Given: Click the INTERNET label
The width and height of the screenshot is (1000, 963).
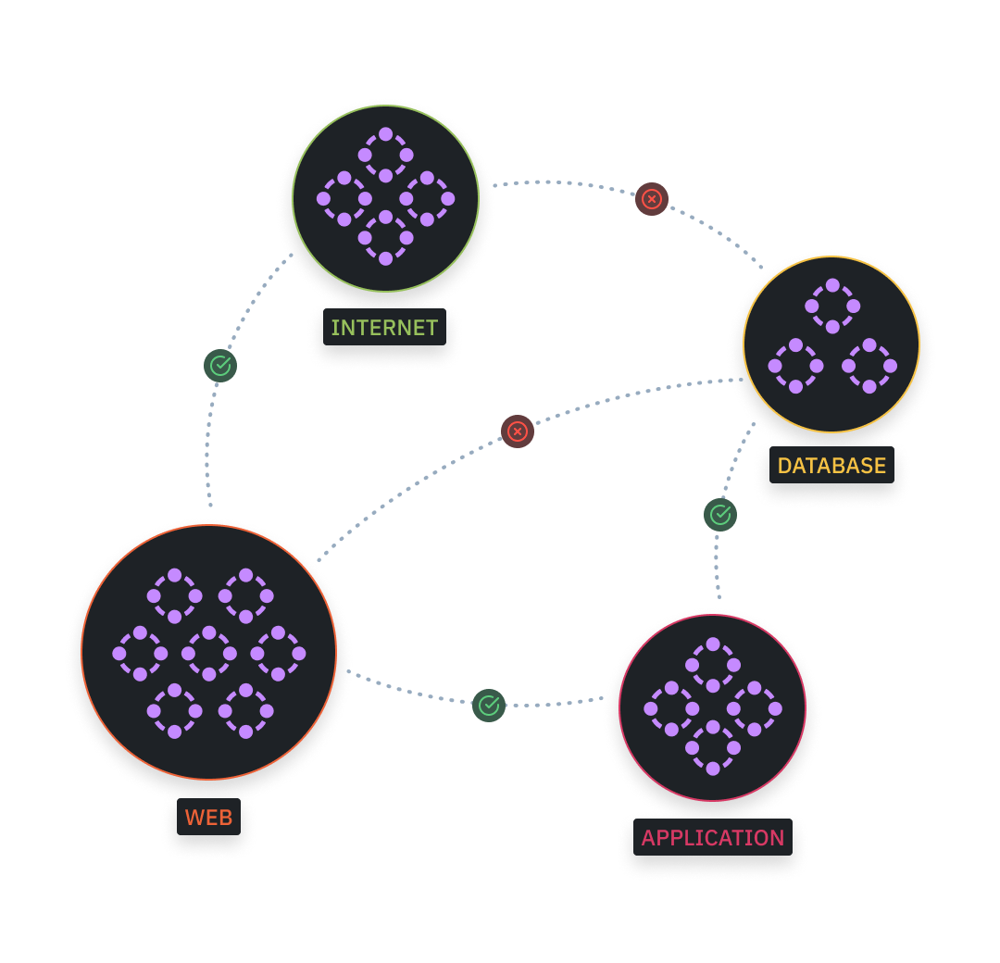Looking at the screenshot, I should click(384, 328).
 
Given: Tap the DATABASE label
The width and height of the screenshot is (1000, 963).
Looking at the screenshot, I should click(831, 466).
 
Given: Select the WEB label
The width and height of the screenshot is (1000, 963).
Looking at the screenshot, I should click(208, 818).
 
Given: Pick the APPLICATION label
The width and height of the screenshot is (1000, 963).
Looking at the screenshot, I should click(713, 838).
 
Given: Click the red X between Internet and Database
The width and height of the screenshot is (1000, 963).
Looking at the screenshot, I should click(652, 198).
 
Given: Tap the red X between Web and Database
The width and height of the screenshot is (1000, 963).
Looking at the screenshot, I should click(518, 431).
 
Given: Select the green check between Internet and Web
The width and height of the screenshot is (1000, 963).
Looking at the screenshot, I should click(220, 366).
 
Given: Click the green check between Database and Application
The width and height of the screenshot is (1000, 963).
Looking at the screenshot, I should click(720, 514).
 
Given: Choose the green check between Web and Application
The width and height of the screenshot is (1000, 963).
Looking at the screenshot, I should click(489, 706).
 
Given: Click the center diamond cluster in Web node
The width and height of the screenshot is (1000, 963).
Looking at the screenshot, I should click(209, 653).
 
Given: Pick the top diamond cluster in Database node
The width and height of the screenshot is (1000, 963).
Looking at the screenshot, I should click(832, 306).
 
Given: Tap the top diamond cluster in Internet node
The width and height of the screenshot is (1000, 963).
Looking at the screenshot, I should click(386, 155).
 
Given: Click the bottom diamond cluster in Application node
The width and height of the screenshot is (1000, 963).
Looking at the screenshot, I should click(713, 747).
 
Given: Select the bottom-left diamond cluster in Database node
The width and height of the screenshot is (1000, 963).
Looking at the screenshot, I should click(795, 366).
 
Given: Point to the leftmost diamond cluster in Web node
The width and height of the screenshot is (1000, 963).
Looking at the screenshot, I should click(140, 653).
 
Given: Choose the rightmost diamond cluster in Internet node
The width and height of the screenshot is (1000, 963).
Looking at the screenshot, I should click(427, 198).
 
